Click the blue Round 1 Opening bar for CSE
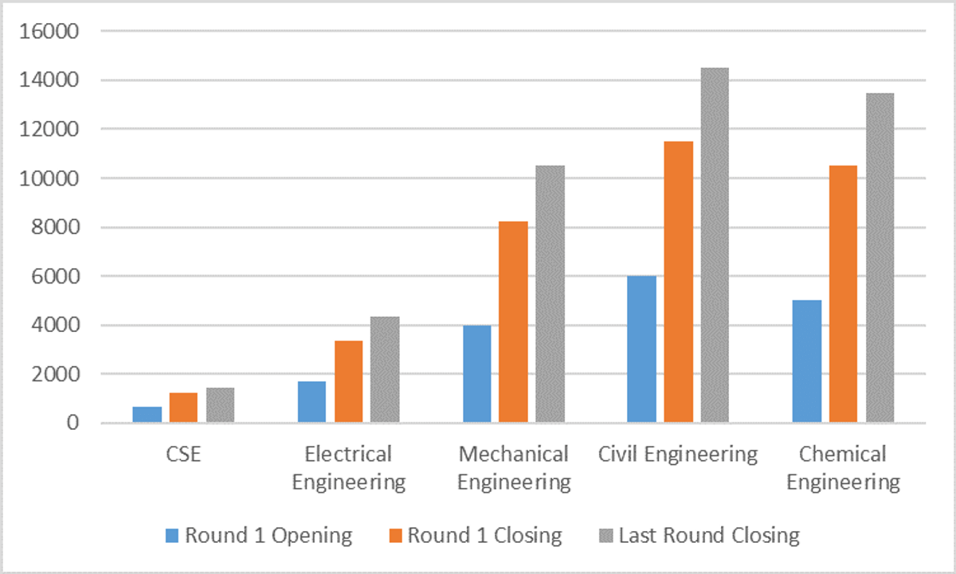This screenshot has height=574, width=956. click(x=147, y=414)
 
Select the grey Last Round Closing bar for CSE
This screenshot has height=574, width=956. click(x=221, y=404)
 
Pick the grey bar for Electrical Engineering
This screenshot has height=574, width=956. click(x=385, y=369)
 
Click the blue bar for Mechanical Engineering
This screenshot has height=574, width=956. click(x=476, y=373)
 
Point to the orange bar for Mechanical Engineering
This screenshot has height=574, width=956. click(x=513, y=322)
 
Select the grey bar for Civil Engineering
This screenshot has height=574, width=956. click(x=715, y=245)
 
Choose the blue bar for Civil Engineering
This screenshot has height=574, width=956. click(x=641, y=349)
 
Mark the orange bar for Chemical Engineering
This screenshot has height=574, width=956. click(x=843, y=294)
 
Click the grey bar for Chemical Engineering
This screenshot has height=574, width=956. click(x=880, y=257)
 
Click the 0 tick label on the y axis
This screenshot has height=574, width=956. click(x=72, y=423)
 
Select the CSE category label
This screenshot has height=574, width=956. click(x=184, y=455)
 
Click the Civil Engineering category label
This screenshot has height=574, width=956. click(x=678, y=455)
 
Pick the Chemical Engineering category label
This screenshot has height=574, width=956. click(x=843, y=468)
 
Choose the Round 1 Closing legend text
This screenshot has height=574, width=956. click(x=484, y=535)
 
